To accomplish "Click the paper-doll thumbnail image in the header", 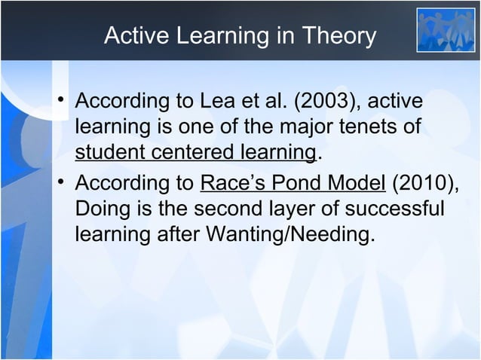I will [x=446, y=30].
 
